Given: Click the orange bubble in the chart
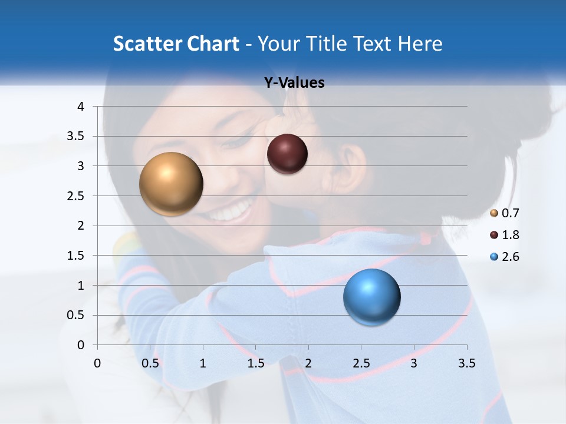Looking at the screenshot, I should click(171, 184).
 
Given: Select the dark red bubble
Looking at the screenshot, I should click(287, 154).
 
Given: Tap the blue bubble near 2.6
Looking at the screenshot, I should click(371, 297).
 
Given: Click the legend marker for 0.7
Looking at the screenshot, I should click(494, 213).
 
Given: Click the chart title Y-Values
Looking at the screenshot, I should click(294, 83).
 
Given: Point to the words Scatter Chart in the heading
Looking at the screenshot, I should click(176, 44).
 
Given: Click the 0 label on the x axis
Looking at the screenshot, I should click(97, 363).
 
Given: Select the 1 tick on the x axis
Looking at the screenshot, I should click(203, 363).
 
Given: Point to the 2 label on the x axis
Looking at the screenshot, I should click(308, 363).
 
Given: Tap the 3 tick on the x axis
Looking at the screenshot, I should click(413, 363).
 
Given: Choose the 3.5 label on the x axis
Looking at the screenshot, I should click(466, 363).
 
